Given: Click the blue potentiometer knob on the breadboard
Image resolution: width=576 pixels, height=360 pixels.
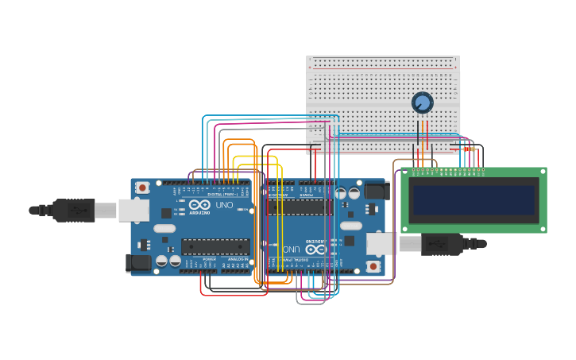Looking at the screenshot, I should [422, 103].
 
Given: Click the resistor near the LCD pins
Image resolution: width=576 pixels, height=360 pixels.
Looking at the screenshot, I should [468, 149].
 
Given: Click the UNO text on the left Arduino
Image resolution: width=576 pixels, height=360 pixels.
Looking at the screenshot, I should [225, 205].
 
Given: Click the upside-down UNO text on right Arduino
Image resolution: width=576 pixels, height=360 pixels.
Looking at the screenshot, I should [291, 249].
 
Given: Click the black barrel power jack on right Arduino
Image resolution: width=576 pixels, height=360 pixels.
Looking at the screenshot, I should [376, 192].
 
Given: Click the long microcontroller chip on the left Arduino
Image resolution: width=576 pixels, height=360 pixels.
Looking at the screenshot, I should [215, 246].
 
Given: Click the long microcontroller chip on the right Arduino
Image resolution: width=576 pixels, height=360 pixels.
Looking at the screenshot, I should [300, 207].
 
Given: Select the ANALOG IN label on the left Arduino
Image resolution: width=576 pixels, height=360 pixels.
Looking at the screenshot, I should [236, 259].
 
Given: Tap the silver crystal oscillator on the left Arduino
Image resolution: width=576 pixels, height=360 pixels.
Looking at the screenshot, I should [164, 228].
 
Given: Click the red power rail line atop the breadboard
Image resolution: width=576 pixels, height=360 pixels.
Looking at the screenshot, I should [383, 69].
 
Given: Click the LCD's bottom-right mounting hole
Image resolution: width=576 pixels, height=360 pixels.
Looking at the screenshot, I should [543, 228].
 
